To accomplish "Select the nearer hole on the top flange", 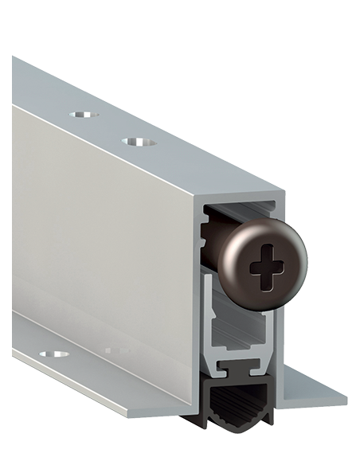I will click(138, 142).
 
